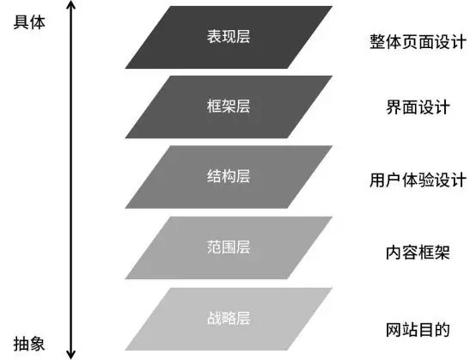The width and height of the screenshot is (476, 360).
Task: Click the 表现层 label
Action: point(229,36)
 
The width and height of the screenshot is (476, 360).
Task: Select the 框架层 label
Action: point(229,107)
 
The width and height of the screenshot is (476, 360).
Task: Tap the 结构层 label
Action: point(229,176)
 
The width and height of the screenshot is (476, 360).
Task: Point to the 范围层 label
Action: point(229,247)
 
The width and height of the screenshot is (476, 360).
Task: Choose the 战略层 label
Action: point(229,318)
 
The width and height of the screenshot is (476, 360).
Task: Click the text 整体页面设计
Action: point(418,41)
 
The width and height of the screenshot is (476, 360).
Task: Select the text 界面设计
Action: point(418,107)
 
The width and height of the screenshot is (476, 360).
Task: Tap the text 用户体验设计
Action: point(418,180)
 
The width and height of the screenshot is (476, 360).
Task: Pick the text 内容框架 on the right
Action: point(418,253)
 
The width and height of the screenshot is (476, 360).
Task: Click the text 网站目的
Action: point(418,330)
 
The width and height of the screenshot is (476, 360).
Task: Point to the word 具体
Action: point(29,22)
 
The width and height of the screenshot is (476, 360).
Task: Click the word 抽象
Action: point(29,344)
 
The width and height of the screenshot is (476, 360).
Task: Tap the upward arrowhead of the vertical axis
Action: point(71,3)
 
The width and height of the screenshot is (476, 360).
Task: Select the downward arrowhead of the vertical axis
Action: point(71,355)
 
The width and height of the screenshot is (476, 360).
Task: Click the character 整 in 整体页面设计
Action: point(378,41)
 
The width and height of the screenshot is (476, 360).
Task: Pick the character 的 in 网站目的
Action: point(442,330)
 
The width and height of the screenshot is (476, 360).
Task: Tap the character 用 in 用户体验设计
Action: point(378,180)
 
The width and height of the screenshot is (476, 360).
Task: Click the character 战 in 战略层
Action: point(214,318)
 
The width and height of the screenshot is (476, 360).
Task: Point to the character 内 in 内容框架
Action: point(394,253)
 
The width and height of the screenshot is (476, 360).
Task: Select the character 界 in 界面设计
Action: point(394,107)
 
